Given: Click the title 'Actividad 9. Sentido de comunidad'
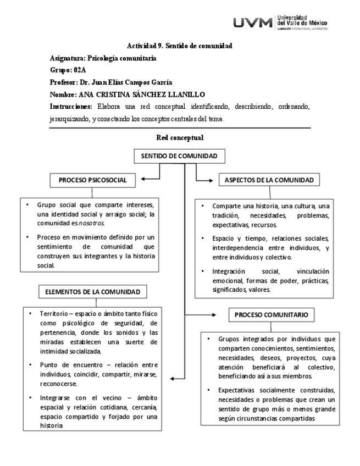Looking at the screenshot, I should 179,47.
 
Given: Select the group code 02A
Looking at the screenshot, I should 80,70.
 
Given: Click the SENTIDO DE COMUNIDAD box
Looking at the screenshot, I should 179,157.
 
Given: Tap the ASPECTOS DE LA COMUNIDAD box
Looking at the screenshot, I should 269,180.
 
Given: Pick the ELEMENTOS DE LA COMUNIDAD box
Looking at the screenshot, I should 97,291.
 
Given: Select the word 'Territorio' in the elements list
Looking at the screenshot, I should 54,313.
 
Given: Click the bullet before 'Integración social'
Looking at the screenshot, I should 203,271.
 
